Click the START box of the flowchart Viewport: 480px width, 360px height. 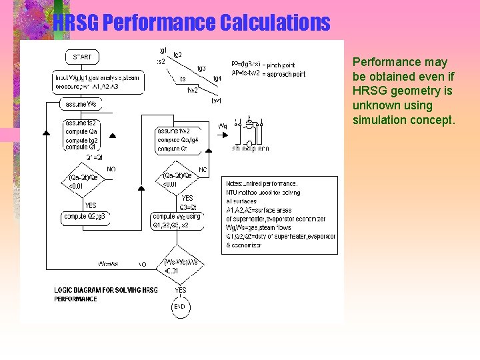(82, 57)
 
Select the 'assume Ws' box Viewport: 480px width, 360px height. (81, 105)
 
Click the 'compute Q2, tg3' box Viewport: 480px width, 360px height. (84, 217)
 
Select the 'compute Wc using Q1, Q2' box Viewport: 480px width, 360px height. (177, 221)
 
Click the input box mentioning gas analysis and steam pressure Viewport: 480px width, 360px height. (97, 82)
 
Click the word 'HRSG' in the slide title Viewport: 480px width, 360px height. (76, 23)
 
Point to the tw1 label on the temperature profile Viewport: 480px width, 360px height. (216, 101)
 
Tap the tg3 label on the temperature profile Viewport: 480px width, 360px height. (201, 68)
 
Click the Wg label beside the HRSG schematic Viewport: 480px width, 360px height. (223, 125)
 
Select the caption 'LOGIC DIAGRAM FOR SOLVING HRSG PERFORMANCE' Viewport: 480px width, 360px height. (106, 294)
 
